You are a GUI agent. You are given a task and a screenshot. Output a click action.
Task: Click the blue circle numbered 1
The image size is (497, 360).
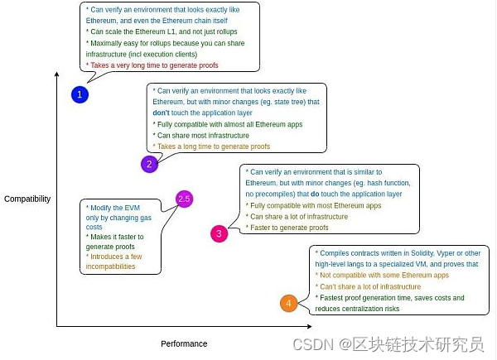(80, 94)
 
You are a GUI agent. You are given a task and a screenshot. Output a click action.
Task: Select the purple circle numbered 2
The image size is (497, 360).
(149, 164)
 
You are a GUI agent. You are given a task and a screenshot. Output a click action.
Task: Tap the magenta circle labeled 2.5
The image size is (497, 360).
(184, 199)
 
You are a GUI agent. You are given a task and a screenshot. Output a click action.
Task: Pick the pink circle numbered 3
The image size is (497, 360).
(219, 233)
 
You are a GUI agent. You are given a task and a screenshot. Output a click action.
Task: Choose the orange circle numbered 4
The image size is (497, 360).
(288, 304)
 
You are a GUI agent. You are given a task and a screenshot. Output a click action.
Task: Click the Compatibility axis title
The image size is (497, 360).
(27, 199)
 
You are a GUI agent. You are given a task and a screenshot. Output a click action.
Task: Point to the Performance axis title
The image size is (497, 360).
(184, 343)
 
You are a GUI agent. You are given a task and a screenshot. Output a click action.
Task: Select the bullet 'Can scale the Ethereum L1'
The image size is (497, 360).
(152, 31)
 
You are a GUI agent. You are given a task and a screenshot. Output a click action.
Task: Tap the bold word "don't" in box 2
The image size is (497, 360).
(162, 112)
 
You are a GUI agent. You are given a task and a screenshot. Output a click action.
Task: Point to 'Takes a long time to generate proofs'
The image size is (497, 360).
(212, 146)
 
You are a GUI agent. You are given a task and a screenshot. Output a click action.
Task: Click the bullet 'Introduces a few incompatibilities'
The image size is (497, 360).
(116, 262)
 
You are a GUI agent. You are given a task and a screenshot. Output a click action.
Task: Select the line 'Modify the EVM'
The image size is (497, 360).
(116, 206)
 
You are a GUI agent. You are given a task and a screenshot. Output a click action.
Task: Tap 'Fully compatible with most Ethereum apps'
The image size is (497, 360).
(315, 205)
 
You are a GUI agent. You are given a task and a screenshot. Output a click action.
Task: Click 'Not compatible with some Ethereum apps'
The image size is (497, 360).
(383, 275)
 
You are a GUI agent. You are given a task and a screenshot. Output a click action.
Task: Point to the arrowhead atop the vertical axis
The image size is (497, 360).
(56, 74)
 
